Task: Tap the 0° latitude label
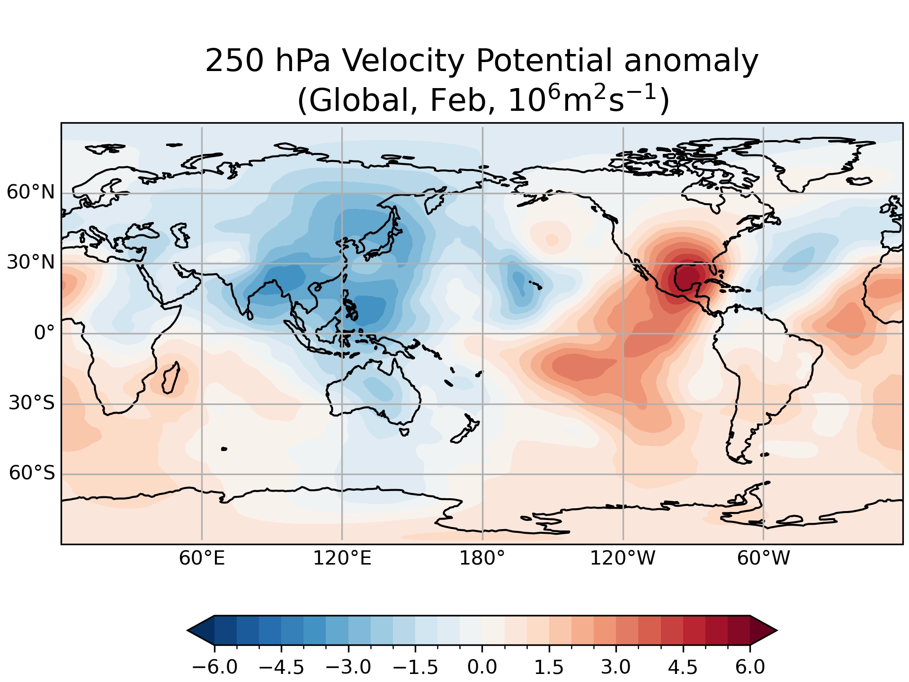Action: (44, 333)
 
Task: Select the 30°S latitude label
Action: (32, 403)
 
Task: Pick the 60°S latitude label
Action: (32, 473)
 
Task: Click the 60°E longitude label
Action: (202, 559)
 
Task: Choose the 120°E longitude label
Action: (342, 559)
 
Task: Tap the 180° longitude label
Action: (482, 559)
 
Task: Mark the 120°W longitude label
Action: (622, 559)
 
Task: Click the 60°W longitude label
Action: (763, 559)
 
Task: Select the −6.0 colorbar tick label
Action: (214, 667)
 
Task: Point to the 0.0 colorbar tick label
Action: (482, 667)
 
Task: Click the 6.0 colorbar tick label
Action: (750, 667)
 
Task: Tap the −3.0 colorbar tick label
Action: (348, 667)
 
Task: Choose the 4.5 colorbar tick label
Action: (683, 667)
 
